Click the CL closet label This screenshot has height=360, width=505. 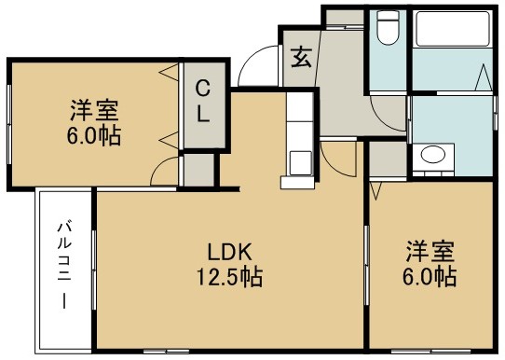(x=201, y=102)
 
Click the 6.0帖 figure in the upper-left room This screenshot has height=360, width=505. (x=96, y=134)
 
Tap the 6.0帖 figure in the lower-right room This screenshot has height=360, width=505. (x=430, y=277)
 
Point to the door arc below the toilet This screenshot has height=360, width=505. (x=386, y=117)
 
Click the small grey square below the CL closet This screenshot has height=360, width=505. (x=197, y=171)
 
